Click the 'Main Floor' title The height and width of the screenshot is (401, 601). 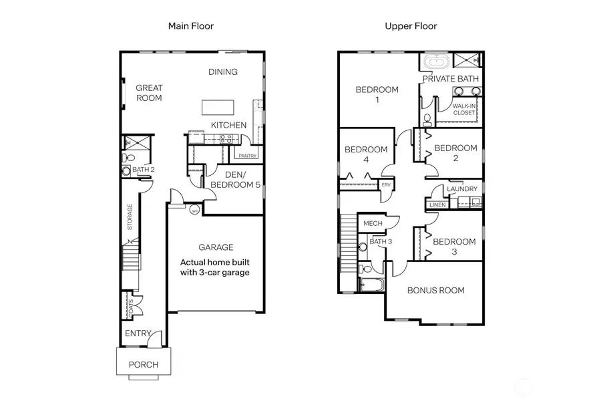click(190, 26)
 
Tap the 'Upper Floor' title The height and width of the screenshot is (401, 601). click(411, 26)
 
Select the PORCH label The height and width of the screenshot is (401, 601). click(144, 365)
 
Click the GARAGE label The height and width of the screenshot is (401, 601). click(215, 247)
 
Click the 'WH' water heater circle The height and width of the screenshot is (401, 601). click(195, 210)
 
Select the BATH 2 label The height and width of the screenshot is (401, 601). click(143, 170)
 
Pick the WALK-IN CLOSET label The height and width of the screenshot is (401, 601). click(464, 109)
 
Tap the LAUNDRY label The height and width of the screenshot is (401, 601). click(462, 189)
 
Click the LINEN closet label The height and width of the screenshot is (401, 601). click(437, 205)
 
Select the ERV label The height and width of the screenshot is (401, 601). click(386, 185)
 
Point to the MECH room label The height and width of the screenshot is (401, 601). click(372, 224)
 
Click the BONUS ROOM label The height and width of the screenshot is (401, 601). click(435, 290)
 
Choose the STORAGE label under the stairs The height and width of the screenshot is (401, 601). click(130, 217)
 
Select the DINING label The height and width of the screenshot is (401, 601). click(222, 72)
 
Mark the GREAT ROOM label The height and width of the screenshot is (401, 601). click(149, 92)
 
